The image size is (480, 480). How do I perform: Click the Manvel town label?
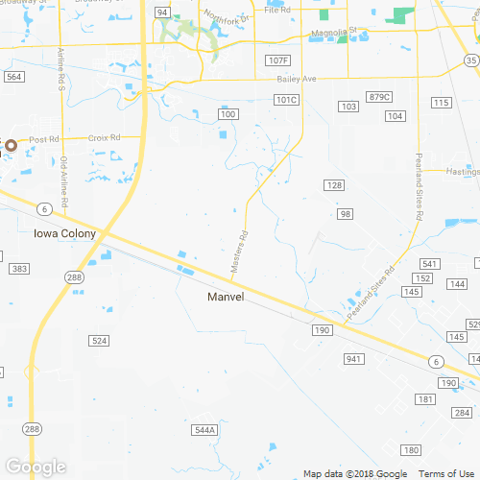coord(227,297)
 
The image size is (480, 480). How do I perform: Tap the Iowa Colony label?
coord(60,232)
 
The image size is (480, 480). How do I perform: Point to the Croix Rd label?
coord(104,138)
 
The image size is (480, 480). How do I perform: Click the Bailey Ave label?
coord(296,79)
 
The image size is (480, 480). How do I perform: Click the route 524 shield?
coord(99,341)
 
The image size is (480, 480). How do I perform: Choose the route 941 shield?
coord(355,359)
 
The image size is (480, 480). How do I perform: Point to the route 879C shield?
coord(380,97)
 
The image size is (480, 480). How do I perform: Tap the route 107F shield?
coord(276,60)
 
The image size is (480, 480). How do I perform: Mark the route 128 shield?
coord(333,184)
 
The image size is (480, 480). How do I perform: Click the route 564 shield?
coord(13,77)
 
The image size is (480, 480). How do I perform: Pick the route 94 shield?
coord(163,12)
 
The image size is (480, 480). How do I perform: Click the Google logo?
coord(36,468)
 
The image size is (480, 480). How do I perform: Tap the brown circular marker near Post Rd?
coord(11,146)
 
